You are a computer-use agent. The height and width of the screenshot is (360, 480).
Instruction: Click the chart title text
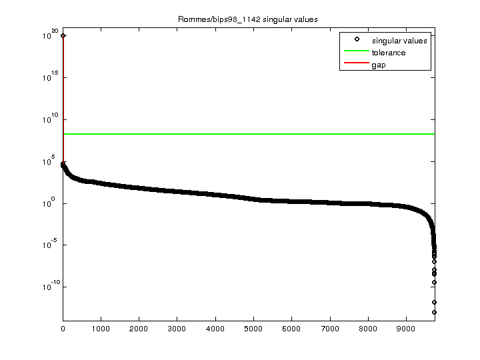(247, 19)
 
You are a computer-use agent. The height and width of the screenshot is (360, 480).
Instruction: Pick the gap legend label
(379, 65)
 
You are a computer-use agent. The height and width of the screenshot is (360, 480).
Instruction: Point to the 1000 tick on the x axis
(101, 329)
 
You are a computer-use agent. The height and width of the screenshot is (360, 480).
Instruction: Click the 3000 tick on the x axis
(177, 329)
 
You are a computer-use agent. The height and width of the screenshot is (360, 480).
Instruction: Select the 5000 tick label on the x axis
(253, 329)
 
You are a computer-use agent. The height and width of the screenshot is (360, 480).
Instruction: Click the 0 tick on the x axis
(63, 329)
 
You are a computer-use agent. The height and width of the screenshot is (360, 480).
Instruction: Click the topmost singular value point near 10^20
(63, 35)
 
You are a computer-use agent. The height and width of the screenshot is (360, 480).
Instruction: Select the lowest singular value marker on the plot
(434, 312)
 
